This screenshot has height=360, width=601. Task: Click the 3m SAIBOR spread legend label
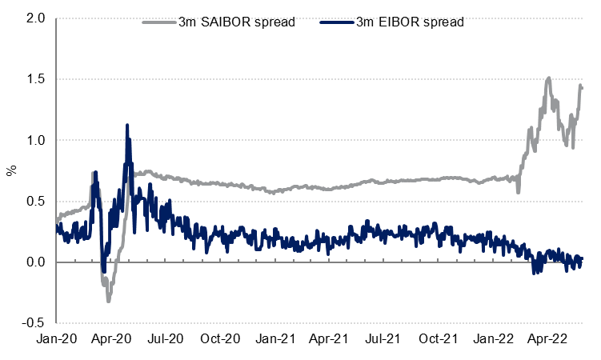point(240,22)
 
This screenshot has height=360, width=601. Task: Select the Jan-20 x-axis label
point(56,339)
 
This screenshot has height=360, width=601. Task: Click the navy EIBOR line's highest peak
point(127,126)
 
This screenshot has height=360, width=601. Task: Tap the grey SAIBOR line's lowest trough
point(109,301)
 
